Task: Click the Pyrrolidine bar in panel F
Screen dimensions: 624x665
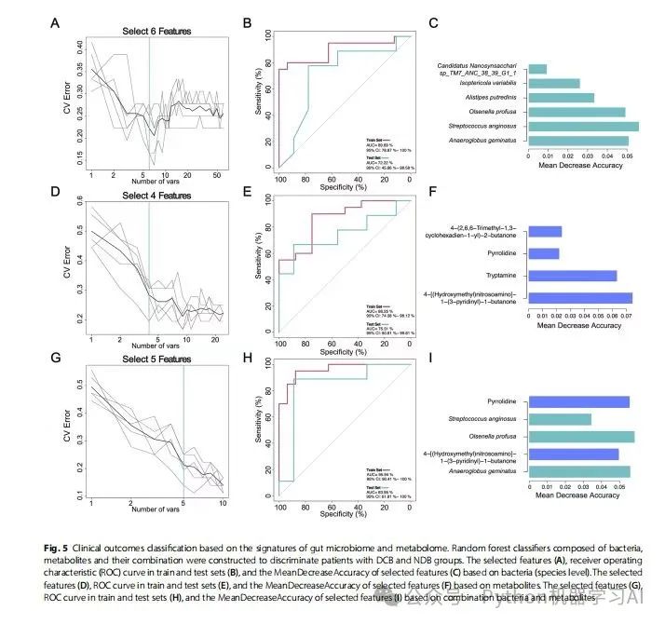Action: [544, 253]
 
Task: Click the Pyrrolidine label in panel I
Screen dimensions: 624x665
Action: [504, 401]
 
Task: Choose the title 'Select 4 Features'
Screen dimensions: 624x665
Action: [156, 196]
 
